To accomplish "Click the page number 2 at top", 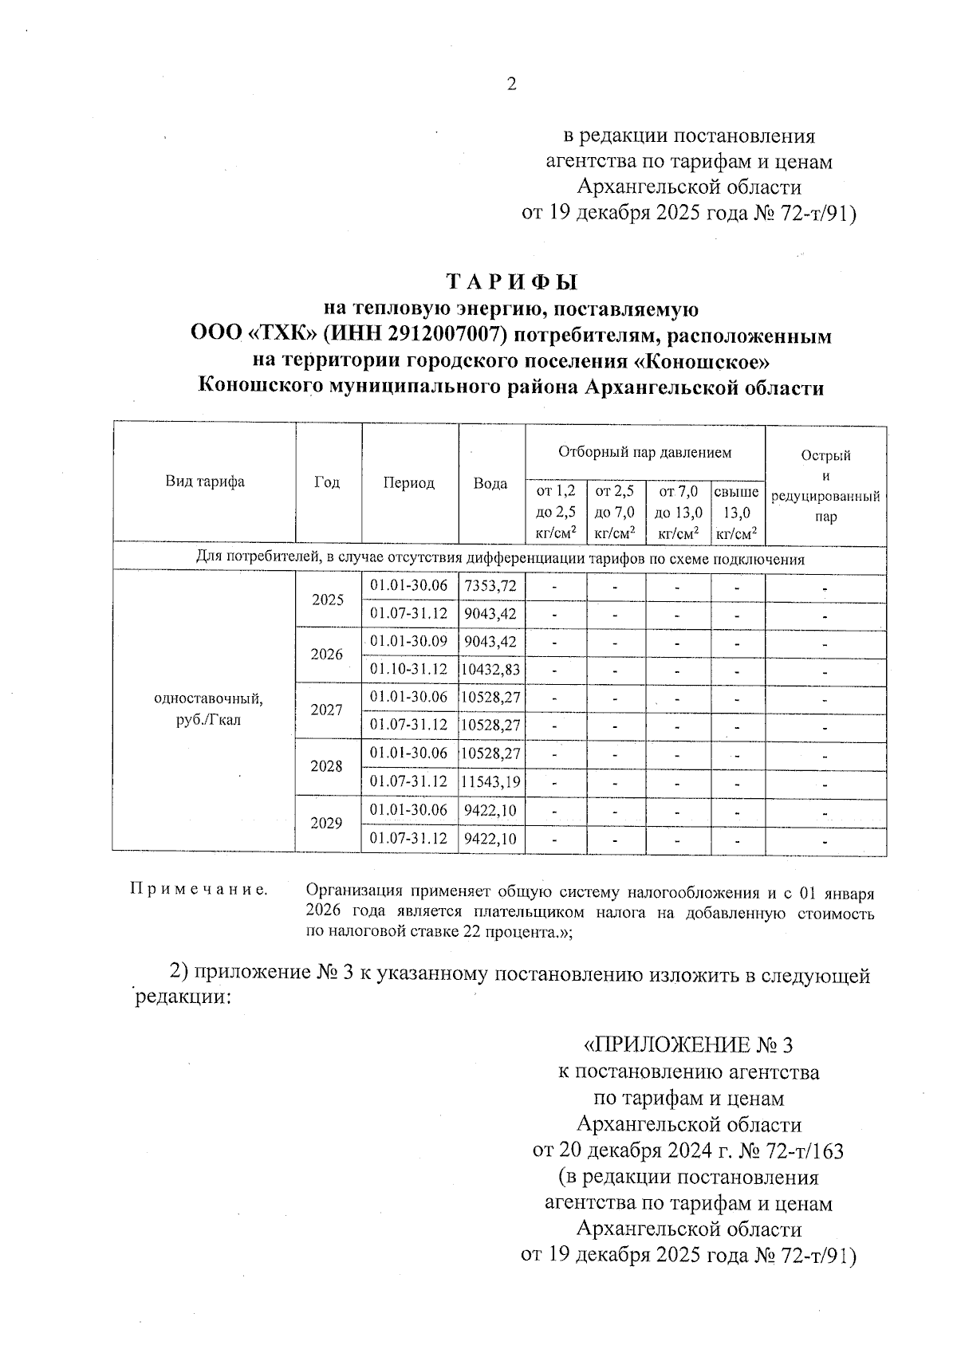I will click(511, 84).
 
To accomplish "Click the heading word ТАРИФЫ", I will click(510, 282).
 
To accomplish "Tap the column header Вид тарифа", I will click(205, 482).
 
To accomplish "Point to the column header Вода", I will click(490, 483).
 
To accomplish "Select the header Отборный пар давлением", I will click(644, 453).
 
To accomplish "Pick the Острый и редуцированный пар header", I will click(825, 486).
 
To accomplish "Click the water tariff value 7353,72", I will click(490, 586).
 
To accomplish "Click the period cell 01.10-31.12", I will click(409, 670).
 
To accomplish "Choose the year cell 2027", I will click(327, 710).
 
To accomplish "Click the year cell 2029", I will click(327, 824).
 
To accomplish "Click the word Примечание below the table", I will click(199, 890).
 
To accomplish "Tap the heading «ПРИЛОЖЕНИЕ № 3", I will click(689, 1044).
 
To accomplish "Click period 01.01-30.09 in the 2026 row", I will click(409, 642).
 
